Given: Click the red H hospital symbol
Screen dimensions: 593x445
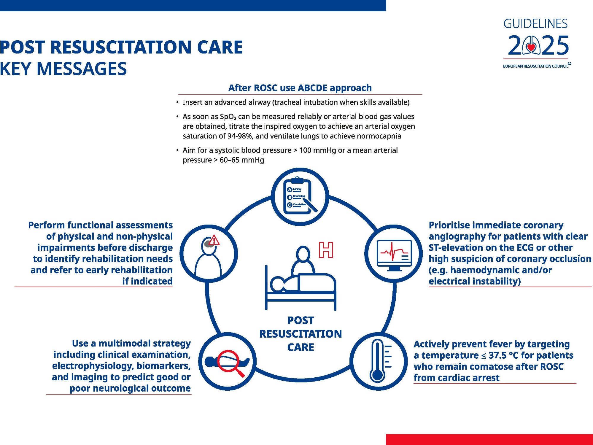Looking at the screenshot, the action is coord(326,250).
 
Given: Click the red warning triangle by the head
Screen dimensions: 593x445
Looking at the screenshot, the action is coord(214,240).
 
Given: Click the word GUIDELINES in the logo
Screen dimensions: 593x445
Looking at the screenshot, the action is coord(535,24).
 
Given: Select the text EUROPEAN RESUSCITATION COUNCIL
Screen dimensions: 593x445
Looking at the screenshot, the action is coord(535,66).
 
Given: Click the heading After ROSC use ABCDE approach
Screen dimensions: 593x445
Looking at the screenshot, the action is coord(300,88).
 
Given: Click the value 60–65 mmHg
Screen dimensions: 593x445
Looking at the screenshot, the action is coord(242,160).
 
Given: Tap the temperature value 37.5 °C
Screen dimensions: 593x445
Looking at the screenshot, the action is coord(503,355).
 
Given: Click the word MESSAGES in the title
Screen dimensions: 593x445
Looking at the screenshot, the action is coord(82,69).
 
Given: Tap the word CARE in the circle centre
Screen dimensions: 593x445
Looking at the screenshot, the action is coord(301,347).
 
